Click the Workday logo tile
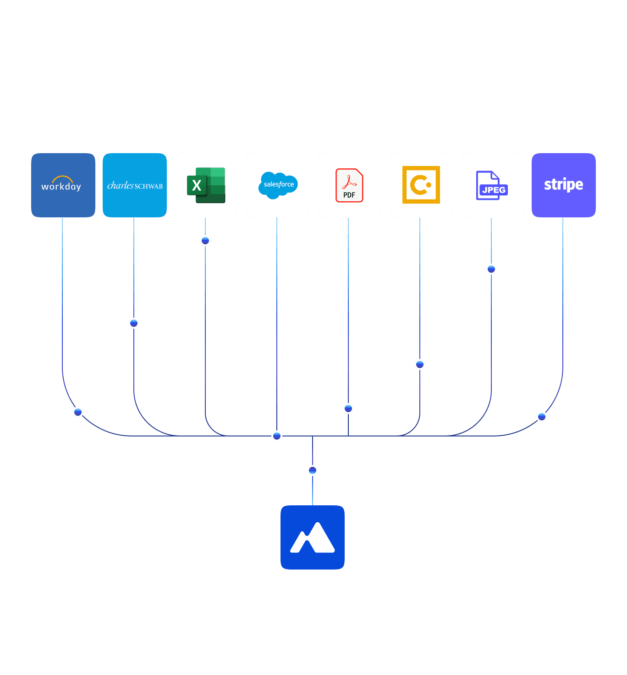[x=63, y=185]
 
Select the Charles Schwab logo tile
[x=135, y=185]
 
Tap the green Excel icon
[x=206, y=185]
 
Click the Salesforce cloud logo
[x=278, y=185]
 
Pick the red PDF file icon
[x=349, y=185]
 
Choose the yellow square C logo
[x=421, y=185]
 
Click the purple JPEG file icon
[x=492, y=185]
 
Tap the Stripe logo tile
[x=564, y=185]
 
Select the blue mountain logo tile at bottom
[x=313, y=537]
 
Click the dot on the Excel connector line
[x=205, y=241]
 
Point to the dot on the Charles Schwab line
[x=134, y=323]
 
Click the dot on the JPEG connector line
[x=491, y=269]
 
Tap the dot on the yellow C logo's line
[x=420, y=365]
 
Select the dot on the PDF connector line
[x=348, y=408]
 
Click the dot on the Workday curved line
[x=78, y=412]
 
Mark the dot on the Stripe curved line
[x=542, y=417]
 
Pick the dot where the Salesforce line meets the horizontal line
[x=277, y=436]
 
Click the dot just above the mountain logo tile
[x=313, y=470]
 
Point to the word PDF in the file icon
[x=349, y=195]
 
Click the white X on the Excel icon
[x=197, y=186]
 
